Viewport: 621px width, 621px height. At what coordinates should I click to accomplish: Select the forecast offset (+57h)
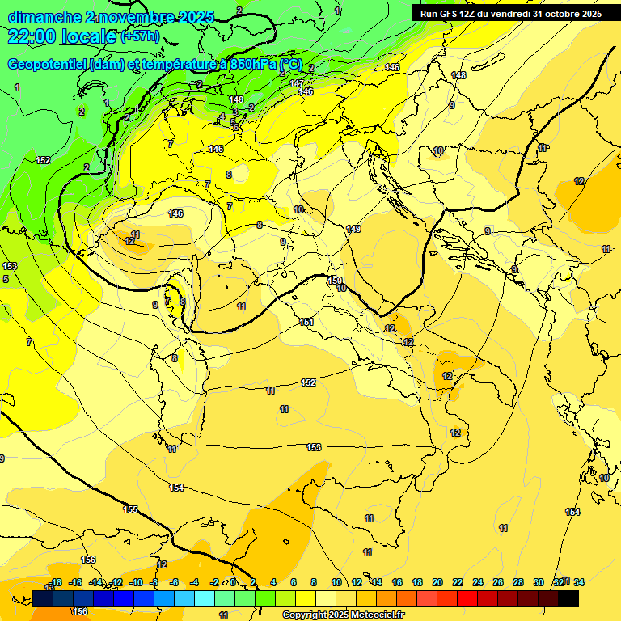point(140,37)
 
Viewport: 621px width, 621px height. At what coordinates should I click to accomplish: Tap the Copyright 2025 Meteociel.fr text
point(344,615)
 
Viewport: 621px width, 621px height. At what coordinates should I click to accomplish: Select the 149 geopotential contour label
point(353,230)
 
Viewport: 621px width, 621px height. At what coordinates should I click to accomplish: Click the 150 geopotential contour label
point(336,280)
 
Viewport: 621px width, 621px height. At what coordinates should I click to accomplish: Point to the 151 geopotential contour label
point(306,322)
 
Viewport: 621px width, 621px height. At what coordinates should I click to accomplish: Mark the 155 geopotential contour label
point(130,509)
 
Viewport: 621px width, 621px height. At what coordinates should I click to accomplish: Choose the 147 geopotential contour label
point(297,83)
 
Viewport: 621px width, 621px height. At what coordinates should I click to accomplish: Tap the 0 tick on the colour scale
point(233,583)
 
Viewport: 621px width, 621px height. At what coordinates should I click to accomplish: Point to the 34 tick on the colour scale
point(579,582)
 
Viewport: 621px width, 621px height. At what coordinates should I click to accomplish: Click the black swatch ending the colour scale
point(568,598)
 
